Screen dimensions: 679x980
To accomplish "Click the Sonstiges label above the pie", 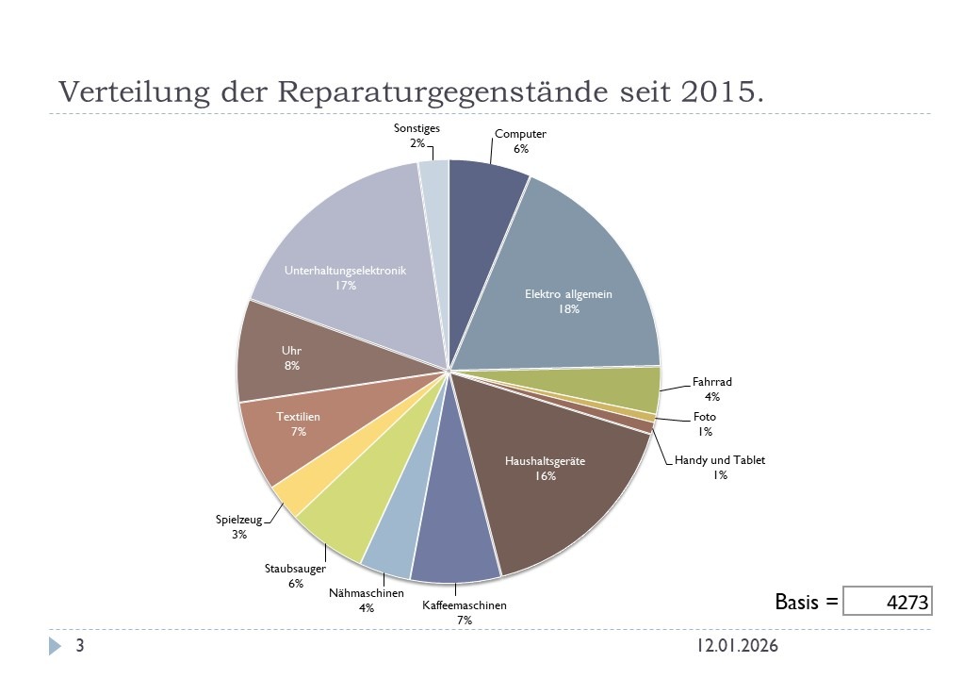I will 416,128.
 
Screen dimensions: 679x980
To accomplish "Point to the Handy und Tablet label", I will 720,460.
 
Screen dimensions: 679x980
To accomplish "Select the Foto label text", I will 705,417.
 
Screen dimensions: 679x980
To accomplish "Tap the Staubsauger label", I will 295,569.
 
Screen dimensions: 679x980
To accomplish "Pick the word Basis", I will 797,601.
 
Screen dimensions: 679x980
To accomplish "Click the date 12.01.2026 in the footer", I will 738,646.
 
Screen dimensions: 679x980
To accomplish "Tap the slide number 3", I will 80,646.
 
